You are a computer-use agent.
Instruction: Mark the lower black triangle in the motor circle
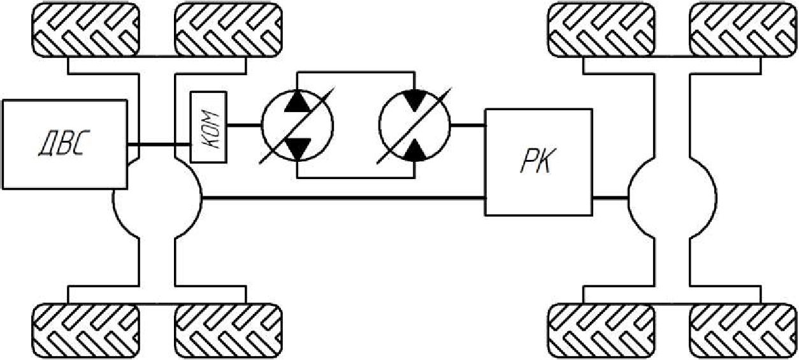click(x=414, y=150)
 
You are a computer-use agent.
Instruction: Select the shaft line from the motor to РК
click(x=467, y=125)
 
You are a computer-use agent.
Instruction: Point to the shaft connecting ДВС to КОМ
click(x=159, y=148)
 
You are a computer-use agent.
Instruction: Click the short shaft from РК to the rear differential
click(x=610, y=198)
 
